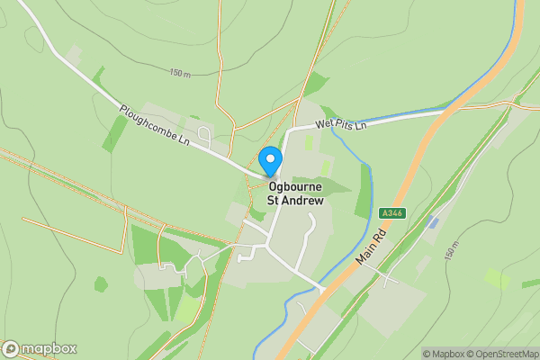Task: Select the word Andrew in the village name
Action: click(303, 201)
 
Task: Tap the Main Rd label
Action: click(371, 245)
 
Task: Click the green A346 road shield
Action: click(391, 213)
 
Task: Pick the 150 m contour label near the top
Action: click(181, 73)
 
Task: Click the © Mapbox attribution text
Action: click(444, 354)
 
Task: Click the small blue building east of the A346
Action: click(434, 221)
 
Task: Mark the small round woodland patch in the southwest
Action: click(101, 284)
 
